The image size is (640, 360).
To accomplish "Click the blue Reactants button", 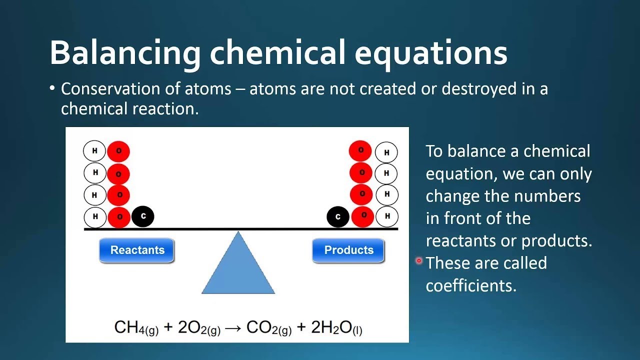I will (137, 250).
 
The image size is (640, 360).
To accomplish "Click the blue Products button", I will (348, 250).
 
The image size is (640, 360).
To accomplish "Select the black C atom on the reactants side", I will (143, 216).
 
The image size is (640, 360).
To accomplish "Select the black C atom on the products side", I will (338, 217).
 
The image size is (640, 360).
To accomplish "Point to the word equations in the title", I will (431, 53).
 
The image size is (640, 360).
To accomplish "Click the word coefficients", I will (470, 285).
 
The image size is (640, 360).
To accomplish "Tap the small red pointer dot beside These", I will (419, 260).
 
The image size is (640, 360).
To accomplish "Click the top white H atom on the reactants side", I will (94, 151).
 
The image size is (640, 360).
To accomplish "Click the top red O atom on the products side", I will (360, 150).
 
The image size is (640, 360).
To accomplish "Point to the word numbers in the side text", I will (550, 195).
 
